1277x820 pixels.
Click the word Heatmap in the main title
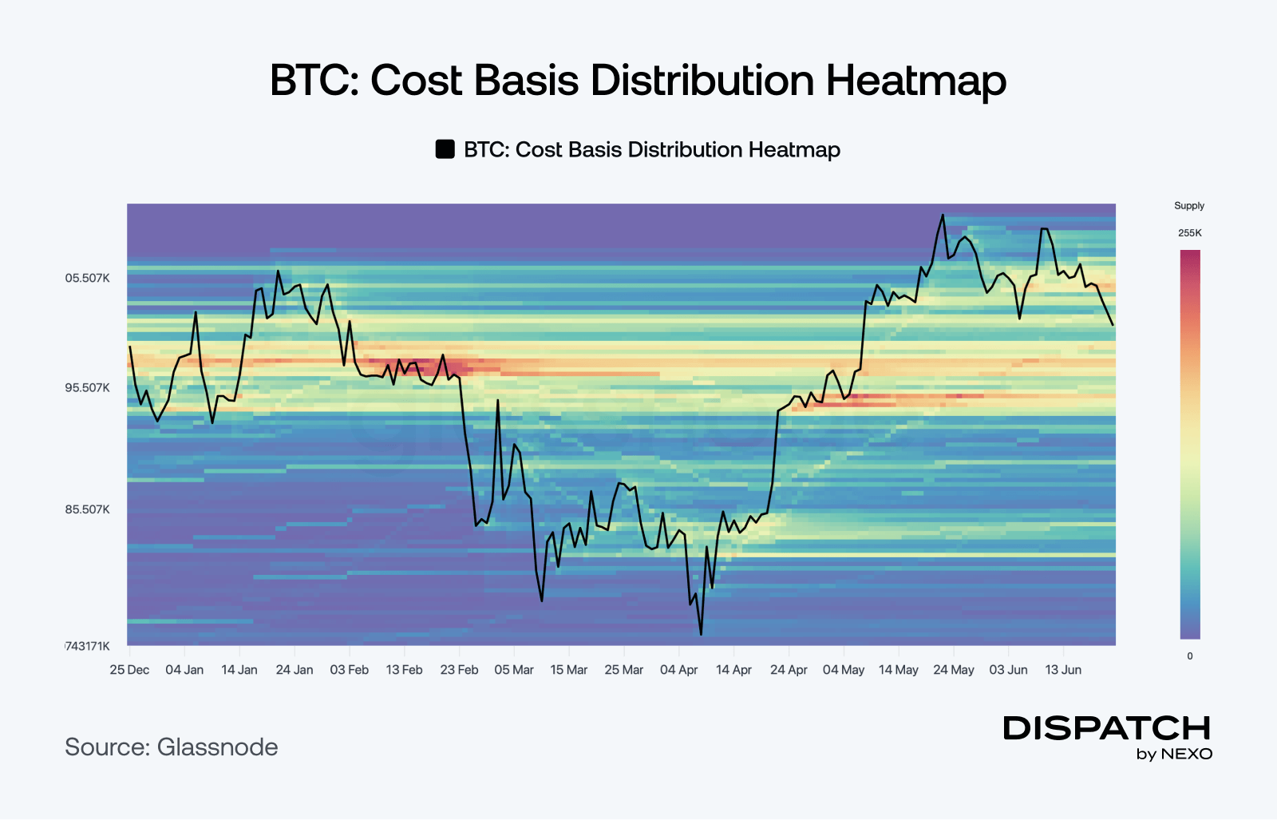916,81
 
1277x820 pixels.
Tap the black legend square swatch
445,149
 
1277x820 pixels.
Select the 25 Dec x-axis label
129,669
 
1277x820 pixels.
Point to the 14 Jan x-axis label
239,669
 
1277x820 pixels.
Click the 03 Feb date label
350,669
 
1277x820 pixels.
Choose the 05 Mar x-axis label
514,669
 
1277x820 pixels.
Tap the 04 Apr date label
679,669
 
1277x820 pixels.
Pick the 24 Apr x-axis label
789,669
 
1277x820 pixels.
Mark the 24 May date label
954,669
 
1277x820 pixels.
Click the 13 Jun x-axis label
1063,669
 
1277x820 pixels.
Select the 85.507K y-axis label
87,509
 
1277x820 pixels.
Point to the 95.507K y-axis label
87,388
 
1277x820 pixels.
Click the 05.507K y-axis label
87,279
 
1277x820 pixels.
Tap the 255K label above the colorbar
1190,233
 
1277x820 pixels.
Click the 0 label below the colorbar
1190,656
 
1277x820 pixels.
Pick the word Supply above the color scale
1189,206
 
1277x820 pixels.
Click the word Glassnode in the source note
217,747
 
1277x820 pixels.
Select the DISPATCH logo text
1106,728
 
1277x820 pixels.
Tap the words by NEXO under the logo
1174,755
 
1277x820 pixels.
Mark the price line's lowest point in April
701,635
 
